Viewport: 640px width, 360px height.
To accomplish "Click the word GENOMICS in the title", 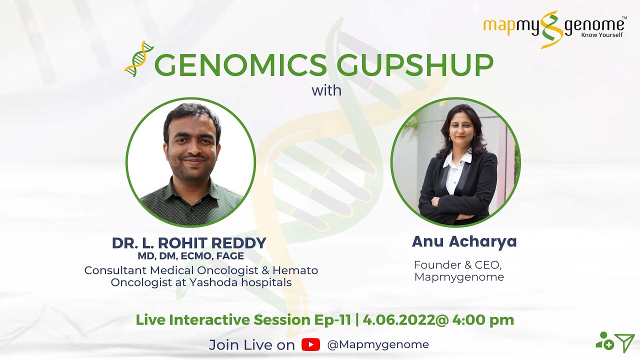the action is point(240,65).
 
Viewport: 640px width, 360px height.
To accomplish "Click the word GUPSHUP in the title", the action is point(415,65).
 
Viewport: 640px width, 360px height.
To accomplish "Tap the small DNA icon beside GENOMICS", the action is point(139,59).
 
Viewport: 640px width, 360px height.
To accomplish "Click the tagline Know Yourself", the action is point(601,35).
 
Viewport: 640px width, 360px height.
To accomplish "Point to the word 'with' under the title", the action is point(326,90).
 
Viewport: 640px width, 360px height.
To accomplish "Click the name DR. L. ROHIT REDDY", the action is point(189,243).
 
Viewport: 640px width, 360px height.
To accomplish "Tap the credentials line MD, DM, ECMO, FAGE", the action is point(190,256).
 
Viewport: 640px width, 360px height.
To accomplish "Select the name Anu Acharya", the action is point(464,241).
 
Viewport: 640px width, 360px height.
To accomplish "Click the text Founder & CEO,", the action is point(457,265).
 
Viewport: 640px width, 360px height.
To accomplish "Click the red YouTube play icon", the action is point(310,344).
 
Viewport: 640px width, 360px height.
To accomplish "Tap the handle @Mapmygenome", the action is point(377,345).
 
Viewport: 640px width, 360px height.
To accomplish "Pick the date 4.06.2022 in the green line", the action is point(399,320).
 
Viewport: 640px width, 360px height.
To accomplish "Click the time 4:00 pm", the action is point(483,320).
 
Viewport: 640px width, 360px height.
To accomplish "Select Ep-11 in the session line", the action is point(332,320).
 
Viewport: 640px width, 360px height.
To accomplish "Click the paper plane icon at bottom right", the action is point(625,342).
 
